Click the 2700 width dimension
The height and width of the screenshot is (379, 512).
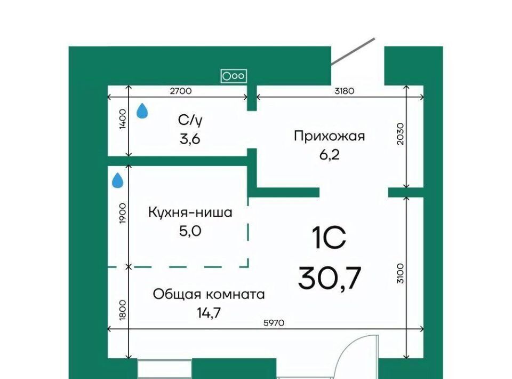coord(181,91)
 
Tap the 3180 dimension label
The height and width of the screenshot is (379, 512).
coord(344,91)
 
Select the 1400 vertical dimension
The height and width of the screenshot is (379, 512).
coord(123,119)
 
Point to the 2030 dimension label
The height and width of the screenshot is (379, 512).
coord(401,133)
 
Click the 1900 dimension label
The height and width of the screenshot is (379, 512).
coord(123,214)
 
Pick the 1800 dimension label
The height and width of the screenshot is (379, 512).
coord(123,310)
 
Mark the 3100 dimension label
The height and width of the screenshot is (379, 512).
coord(401,273)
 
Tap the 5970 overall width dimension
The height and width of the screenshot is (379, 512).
coord(274,323)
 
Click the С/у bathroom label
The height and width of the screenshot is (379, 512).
coord(190,121)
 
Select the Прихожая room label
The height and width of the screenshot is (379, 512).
coord(329,136)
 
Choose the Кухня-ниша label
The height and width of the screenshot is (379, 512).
coord(190,212)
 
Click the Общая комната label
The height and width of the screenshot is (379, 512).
coord(209,294)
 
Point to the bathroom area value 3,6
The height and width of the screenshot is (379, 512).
coord(190,139)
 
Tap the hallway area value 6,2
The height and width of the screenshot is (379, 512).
coord(329,154)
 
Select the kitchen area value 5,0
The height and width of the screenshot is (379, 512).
coord(190,231)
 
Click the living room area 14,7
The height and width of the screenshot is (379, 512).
coord(209,313)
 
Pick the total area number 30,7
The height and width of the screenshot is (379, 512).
coord(330,278)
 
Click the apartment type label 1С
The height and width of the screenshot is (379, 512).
coord(329,238)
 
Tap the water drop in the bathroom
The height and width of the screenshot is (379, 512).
coord(142,110)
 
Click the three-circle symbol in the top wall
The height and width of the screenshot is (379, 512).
coord(234,76)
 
